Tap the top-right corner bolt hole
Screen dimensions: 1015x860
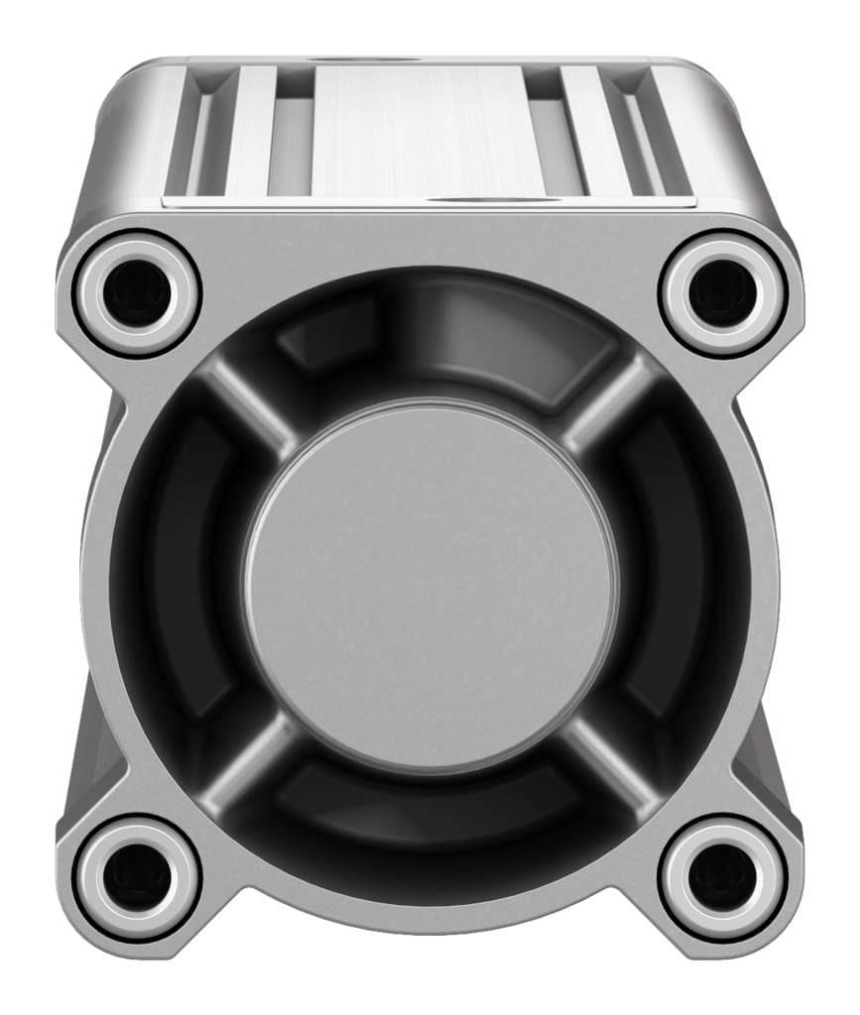722,292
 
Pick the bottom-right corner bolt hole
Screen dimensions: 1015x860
722,876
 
